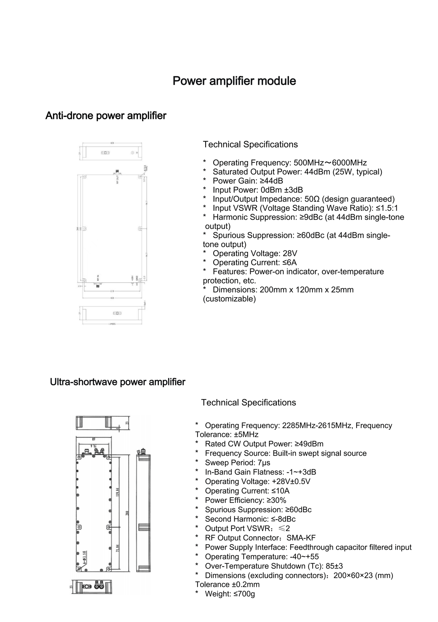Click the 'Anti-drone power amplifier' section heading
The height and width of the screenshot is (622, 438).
(x=106, y=116)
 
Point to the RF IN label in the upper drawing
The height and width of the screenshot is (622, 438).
(x=98, y=278)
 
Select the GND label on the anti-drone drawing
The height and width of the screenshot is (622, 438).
(x=137, y=278)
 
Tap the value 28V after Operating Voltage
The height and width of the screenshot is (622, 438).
(x=290, y=254)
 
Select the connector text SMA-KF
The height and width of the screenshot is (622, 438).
(x=301, y=538)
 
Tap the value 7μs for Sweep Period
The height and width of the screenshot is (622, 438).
(x=265, y=463)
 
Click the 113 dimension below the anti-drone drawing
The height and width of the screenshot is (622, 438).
(x=112, y=291)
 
